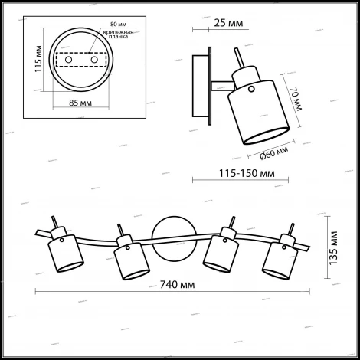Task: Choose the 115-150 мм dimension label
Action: [x=239, y=174]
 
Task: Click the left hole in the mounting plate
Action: [x=69, y=59]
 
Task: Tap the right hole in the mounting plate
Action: [x=95, y=59]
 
